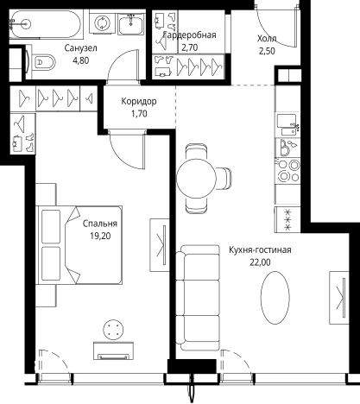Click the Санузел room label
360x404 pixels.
coord(80,48)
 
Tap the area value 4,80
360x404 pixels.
coord(81,60)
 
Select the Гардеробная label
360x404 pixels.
coord(190,35)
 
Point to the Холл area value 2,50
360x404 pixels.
coord(267,51)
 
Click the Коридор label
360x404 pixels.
coord(139,101)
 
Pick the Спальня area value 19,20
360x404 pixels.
coord(100,236)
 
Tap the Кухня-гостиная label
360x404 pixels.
coord(260,249)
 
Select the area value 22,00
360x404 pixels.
coord(260,262)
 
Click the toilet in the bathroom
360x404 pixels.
coord(43,61)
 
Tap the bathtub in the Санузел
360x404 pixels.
coord(46,24)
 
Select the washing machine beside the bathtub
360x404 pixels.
coord(102,22)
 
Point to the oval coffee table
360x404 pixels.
coord(275,298)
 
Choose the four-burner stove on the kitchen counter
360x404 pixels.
coord(288,171)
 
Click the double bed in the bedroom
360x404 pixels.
coord(79,245)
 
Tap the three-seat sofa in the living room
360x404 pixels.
coord(198,298)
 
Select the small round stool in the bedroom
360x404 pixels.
coord(114,330)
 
